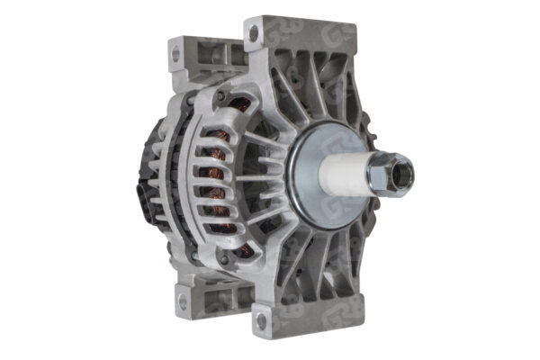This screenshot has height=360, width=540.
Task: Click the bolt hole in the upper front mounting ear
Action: [253, 34]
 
